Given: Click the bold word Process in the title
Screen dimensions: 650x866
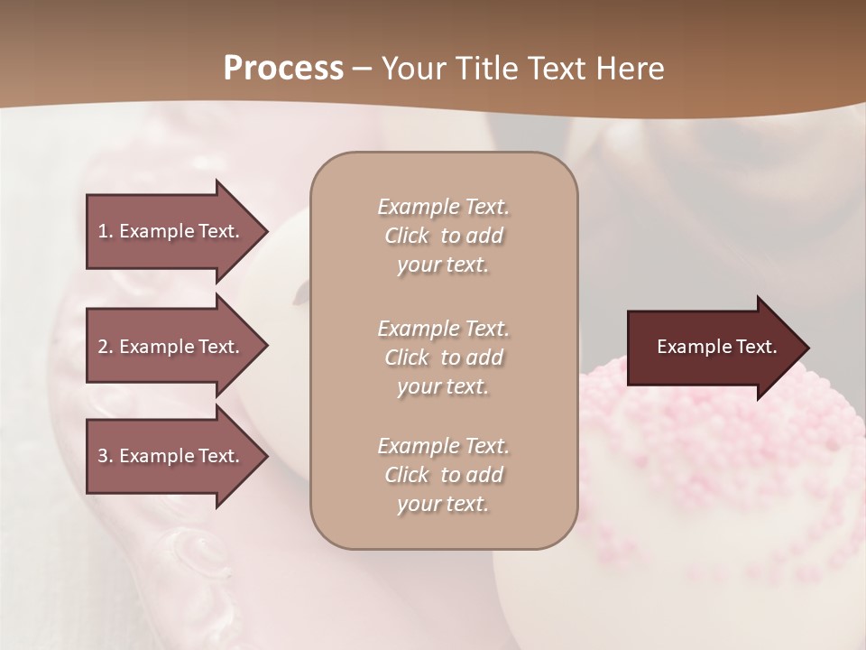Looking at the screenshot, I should click(283, 68).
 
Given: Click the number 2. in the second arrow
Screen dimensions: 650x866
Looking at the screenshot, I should click(106, 347).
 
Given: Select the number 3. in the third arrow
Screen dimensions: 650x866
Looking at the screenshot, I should click(106, 456).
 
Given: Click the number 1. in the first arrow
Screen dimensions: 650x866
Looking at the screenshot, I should click(105, 231).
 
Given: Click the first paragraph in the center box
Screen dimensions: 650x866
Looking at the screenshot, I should click(443, 236).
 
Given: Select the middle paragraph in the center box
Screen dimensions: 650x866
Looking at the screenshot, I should click(443, 357).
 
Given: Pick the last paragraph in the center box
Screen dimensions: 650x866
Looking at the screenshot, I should click(443, 475).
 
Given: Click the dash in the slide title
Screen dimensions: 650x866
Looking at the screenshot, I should click(362, 70).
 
